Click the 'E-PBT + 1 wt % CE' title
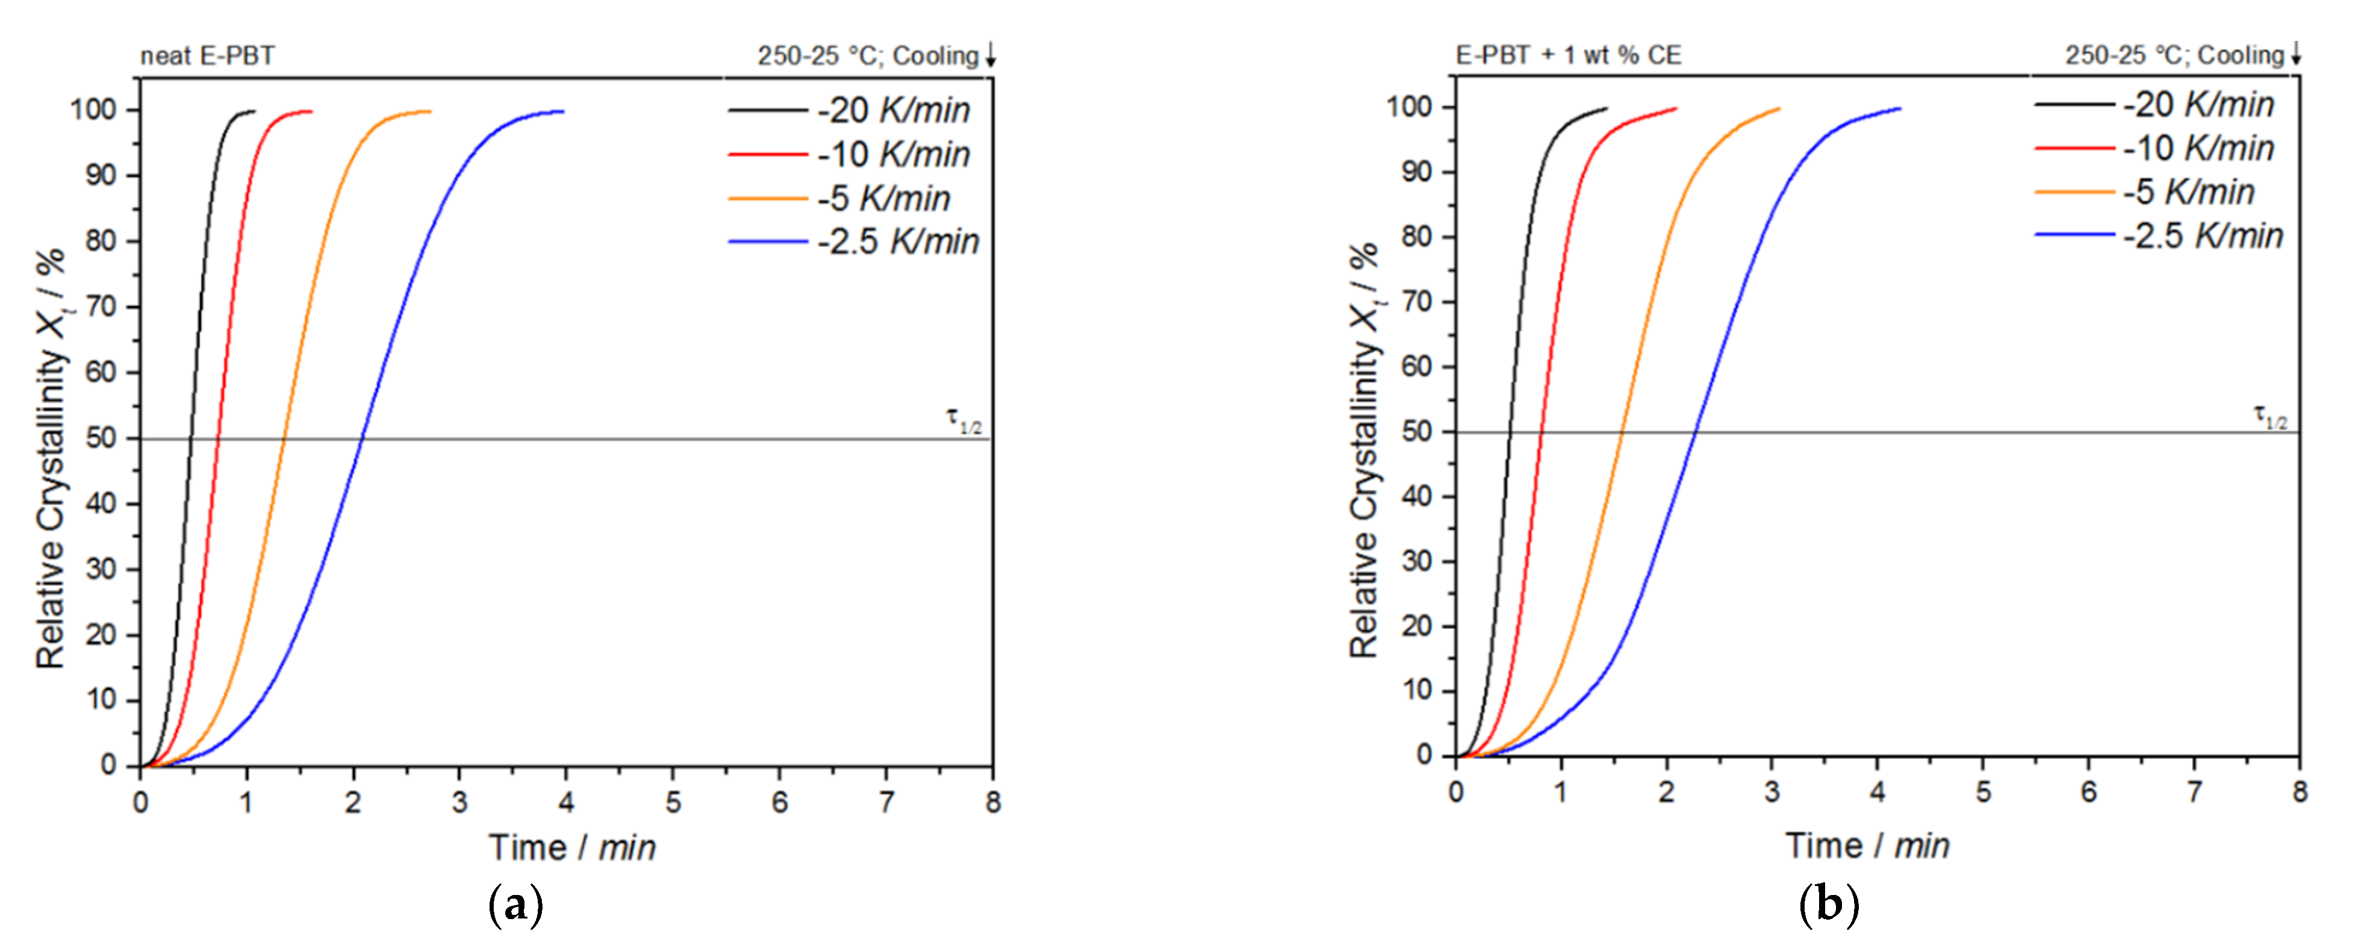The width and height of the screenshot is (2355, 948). [x=1568, y=55]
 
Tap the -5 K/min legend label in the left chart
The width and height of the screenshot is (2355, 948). [x=883, y=198]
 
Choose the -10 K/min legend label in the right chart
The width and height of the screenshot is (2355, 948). [x=2198, y=148]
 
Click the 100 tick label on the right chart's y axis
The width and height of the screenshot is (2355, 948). [x=1409, y=107]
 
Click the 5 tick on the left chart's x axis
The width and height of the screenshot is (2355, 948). [x=673, y=803]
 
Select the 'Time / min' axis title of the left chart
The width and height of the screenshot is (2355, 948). [x=572, y=847]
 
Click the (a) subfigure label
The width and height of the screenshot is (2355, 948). [x=517, y=906]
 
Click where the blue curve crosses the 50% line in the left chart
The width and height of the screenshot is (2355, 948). [x=362, y=439]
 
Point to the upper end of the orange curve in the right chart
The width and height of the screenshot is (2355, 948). [x=1779, y=110]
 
